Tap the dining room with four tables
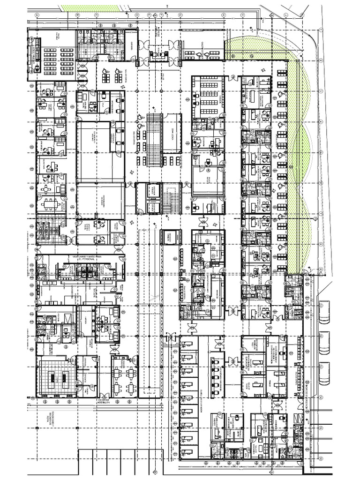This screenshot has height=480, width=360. click(124, 375)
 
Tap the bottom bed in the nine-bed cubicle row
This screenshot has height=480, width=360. click(187, 452)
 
